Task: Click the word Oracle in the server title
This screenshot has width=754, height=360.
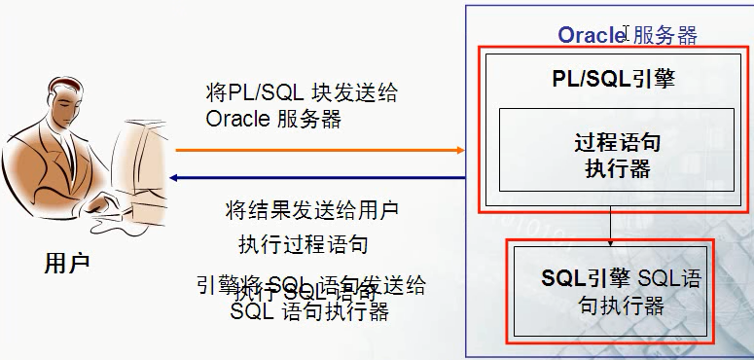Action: (591, 35)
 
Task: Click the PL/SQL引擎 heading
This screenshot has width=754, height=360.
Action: (607, 80)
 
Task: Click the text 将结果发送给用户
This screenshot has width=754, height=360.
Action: (310, 209)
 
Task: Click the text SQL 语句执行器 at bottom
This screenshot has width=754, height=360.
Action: (310, 312)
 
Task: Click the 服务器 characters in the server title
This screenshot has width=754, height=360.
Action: (664, 35)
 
